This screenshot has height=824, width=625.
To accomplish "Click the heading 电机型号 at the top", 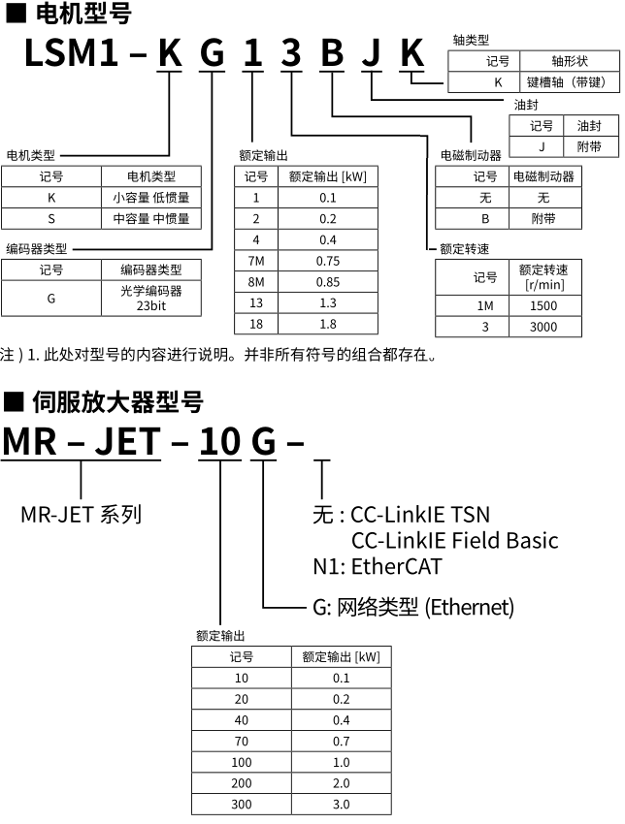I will tap(82, 14).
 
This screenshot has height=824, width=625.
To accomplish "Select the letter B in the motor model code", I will tap(332, 53).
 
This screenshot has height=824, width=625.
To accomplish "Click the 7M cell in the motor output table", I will tap(256, 261).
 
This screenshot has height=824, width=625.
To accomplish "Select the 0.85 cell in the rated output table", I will tap(328, 282).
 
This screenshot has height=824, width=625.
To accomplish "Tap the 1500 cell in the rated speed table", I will tap(543, 305).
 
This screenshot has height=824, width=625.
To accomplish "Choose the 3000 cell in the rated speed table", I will tap(543, 327).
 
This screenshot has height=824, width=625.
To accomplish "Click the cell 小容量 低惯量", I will tap(151, 198).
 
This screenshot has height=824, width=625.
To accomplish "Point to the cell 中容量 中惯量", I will tap(151, 219).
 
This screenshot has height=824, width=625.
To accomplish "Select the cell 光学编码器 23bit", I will tap(151, 298).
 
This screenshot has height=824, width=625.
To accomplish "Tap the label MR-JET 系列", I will tap(82, 514).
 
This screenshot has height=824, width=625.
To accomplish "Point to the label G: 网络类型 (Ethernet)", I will tap(413, 608).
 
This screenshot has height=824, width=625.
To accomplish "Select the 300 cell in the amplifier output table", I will tap(242, 805).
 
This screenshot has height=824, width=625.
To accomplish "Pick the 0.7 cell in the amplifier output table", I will tap(341, 742).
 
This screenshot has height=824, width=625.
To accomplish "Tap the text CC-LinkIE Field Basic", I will tap(455, 540).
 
